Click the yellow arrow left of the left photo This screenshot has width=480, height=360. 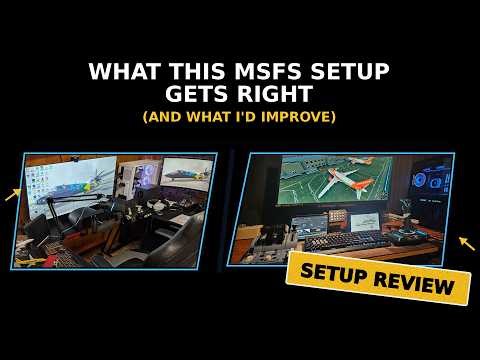tap(13, 193)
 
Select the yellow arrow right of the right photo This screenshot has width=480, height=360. tap(465, 243)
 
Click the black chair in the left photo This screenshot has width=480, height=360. tap(160, 240)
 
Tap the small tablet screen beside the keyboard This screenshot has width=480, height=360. tap(307, 222)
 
